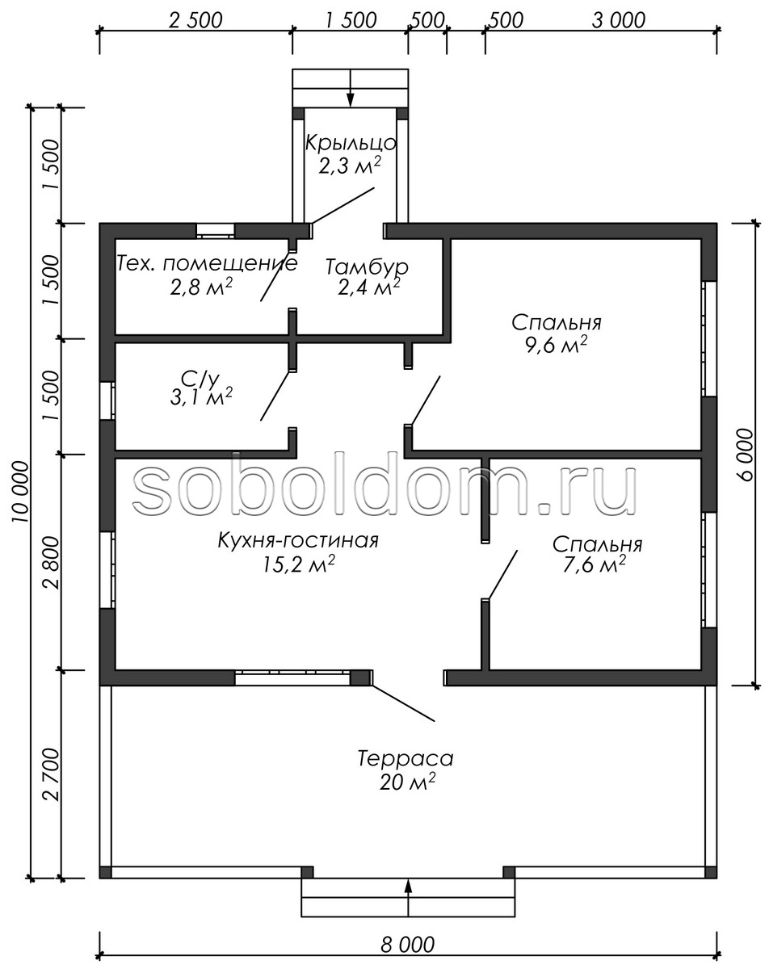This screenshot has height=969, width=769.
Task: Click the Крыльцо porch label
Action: pyautogui.click(x=351, y=143)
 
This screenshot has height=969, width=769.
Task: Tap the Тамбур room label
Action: pyautogui.click(x=367, y=267)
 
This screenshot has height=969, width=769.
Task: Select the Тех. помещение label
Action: pyautogui.click(x=208, y=263)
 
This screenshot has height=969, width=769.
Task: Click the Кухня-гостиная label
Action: pyautogui.click(x=298, y=540)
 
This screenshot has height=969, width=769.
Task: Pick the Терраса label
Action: pyautogui.click(x=406, y=759)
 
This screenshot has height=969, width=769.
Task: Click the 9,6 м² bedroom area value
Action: pyautogui.click(x=557, y=346)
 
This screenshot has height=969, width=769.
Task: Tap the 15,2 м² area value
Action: pyautogui.click(x=298, y=565)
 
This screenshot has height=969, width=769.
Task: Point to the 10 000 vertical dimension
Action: pyautogui.click(x=20, y=491)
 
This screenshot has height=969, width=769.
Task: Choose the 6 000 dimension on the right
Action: pyautogui.click(x=746, y=455)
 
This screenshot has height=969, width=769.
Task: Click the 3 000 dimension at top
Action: pyautogui.click(x=618, y=20)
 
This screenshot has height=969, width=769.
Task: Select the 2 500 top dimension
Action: pyautogui.click(x=195, y=20)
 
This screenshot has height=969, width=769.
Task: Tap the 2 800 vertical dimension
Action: pyautogui.click(x=52, y=563)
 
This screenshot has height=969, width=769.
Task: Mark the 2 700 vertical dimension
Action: pyautogui.click(x=52, y=774)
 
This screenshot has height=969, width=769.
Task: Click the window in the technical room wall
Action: pyautogui.click(x=216, y=231)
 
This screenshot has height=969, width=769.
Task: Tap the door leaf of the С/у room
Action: pyautogui.click(x=275, y=396)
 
